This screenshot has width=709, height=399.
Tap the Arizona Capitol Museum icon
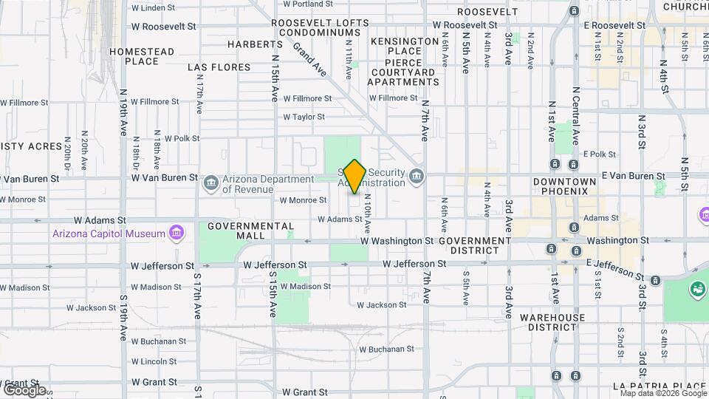(177, 234)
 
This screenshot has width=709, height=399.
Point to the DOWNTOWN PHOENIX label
(565, 186)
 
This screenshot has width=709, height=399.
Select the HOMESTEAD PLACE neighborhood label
(142, 56)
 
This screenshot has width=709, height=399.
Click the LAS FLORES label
(219, 67)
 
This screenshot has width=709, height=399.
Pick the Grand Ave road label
(309, 59)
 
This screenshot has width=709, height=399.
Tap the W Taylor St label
(304, 117)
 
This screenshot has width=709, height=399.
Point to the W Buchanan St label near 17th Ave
(159, 341)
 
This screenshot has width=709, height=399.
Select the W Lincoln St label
(156, 361)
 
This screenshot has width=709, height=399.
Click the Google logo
(24, 390)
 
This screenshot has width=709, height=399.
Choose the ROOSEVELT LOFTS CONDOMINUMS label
(320, 27)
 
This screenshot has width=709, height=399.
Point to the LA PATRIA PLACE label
(659, 386)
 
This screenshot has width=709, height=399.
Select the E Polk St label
(599, 154)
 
